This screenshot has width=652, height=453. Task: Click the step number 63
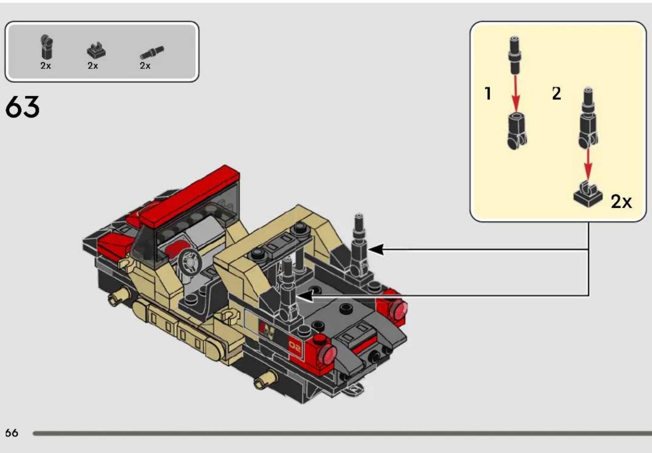pos(22,107)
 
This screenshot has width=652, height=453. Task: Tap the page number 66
pos(12,433)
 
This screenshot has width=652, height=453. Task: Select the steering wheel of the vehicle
pos(190,262)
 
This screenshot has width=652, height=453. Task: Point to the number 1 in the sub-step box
pos(488,94)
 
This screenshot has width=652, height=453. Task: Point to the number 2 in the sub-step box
pos(557,94)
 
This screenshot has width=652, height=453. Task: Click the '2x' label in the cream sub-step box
pos(622,202)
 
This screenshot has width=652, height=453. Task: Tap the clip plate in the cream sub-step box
pos(588,194)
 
